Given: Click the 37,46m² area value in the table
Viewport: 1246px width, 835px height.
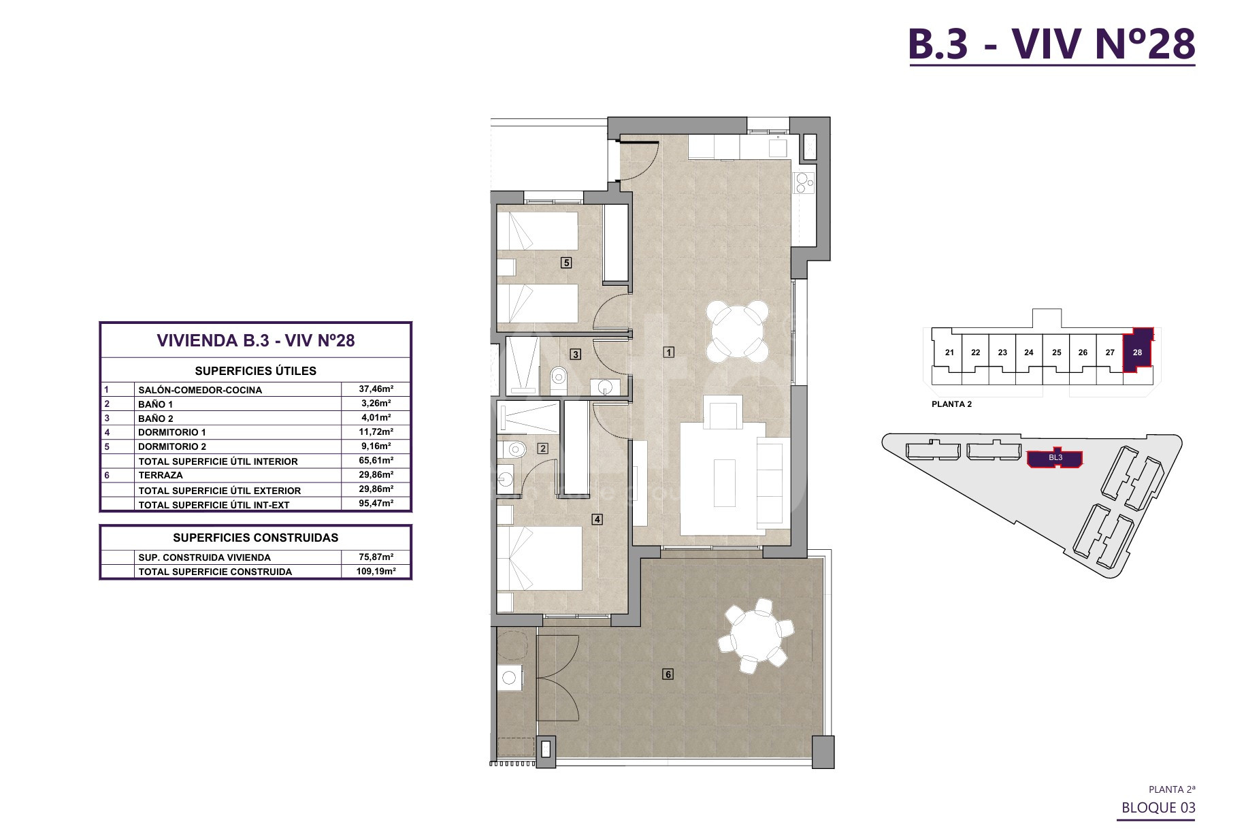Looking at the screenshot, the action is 376,389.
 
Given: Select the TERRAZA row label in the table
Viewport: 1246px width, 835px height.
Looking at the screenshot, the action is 161,475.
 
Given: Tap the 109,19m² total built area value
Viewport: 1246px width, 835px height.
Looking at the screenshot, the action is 376,572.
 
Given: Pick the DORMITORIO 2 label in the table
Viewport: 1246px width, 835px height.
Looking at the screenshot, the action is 172,446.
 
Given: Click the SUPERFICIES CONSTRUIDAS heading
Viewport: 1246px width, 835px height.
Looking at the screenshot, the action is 256,538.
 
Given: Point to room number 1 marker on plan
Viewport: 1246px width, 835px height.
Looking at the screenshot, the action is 670,352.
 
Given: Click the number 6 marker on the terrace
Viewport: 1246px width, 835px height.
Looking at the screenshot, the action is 668,674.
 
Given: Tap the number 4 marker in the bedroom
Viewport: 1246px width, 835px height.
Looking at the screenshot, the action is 597,519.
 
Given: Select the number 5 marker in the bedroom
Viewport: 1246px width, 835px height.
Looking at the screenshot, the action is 565,262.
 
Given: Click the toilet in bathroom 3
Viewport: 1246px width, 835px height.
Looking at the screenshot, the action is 559,376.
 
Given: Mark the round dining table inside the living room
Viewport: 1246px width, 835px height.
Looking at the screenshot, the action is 738,332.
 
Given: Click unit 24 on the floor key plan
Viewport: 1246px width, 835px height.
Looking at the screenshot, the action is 1029,353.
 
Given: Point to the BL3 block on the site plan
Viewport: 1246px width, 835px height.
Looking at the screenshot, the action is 1055,458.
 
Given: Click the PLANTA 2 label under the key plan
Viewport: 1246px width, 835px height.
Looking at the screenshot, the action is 951,404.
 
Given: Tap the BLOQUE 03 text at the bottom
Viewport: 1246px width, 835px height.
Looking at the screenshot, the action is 1158,808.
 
